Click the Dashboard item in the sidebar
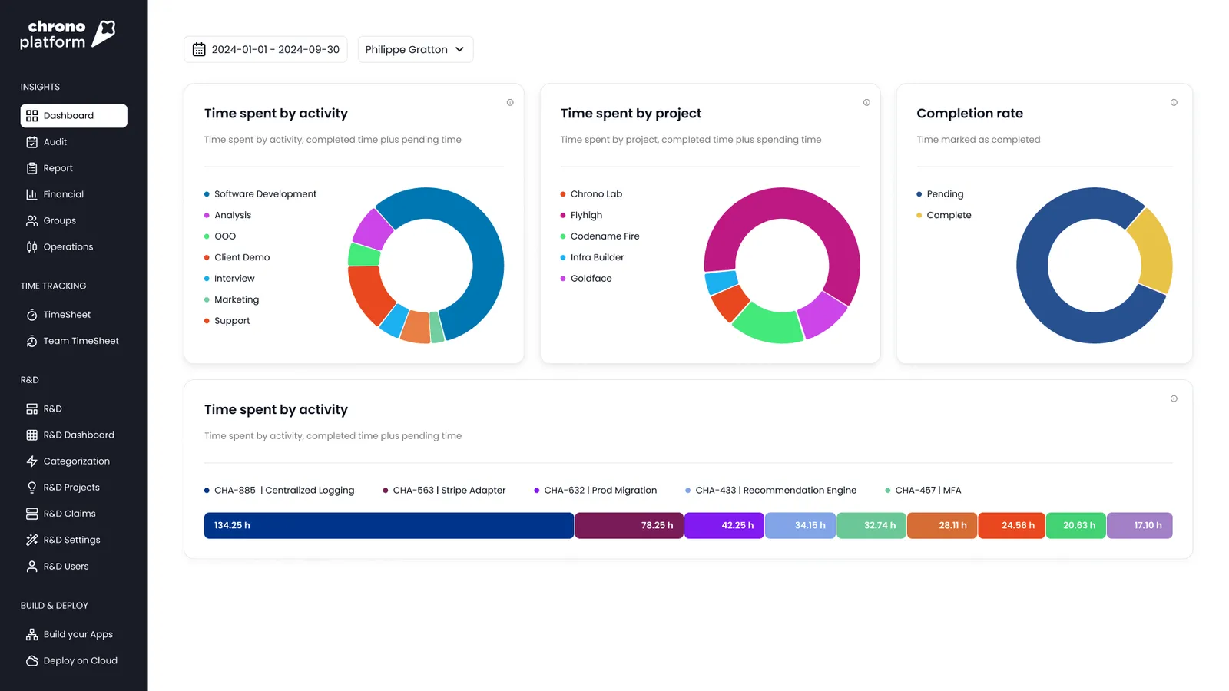point(73,116)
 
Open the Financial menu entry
point(63,194)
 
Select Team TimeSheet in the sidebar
point(80,341)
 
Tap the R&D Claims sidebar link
point(69,514)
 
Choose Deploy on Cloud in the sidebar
point(80,660)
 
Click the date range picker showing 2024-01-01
point(266,49)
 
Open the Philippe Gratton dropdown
point(415,49)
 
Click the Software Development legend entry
point(264,194)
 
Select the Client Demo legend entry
point(241,257)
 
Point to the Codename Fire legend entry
point(604,236)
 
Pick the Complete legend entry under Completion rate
point(948,215)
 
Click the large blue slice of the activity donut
point(480,253)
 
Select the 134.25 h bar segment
point(389,525)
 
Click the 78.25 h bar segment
point(628,525)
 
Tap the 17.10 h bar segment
point(1139,525)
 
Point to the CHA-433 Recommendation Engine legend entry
point(775,490)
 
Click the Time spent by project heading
point(631,114)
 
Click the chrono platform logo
point(68,35)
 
